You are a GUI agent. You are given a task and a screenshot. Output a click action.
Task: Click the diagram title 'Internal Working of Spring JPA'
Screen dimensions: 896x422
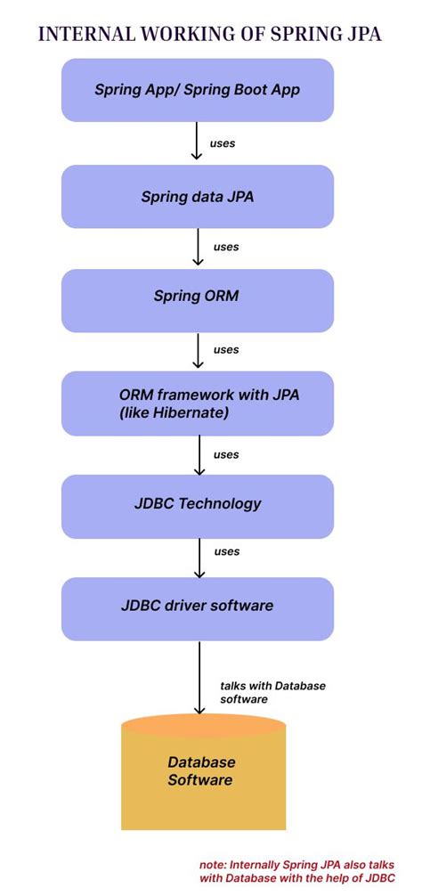[x=209, y=34]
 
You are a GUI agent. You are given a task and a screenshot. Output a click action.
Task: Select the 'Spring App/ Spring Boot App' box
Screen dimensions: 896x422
[x=197, y=89]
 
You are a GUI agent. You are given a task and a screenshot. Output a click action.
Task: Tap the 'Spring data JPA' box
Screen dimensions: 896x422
[x=197, y=197]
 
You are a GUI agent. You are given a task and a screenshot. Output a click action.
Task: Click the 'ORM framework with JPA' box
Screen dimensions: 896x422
[x=197, y=403]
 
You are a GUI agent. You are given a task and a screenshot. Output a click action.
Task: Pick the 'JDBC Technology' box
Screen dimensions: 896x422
[x=197, y=504]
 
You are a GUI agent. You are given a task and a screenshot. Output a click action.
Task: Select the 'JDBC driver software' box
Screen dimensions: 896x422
[x=197, y=607]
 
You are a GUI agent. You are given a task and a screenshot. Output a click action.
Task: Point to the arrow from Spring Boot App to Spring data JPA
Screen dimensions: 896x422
[x=198, y=142]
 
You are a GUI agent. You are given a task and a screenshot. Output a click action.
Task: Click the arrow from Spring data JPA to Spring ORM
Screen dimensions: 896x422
[x=198, y=247]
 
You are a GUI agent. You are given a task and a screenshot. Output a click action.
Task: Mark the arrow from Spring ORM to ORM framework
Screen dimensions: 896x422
[x=198, y=351]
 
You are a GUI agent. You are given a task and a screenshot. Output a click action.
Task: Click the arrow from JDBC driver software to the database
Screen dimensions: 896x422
[x=198, y=678]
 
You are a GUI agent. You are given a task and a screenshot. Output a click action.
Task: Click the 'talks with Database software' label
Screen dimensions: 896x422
[x=272, y=692]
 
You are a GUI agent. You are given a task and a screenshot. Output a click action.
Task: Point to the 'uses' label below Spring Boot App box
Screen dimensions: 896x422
[x=223, y=143]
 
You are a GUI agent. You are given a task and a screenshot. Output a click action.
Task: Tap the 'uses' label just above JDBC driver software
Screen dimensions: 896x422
[x=227, y=551]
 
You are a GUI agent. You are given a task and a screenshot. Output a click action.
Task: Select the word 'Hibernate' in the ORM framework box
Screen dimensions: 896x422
[x=194, y=412]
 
